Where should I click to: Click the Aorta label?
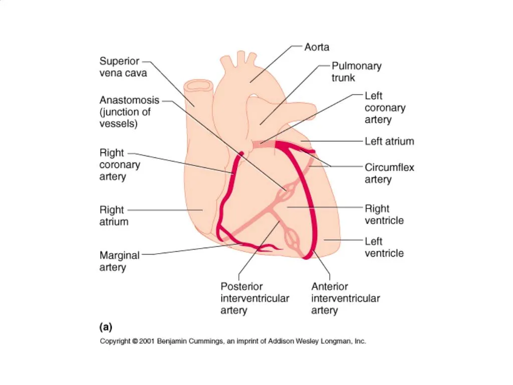(317, 47)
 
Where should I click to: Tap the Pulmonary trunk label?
(356, 72)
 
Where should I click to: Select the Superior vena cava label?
(123, 67)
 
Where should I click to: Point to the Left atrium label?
(389, 141)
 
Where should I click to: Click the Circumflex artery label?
(389, 173)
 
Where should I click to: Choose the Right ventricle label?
(384, 215)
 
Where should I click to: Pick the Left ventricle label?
(384, 247)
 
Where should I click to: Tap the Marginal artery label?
(119, 261)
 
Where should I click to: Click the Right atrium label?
(114, 216)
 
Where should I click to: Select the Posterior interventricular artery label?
(254, 298)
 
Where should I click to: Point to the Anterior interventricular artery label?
(346, 298)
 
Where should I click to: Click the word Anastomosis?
(129, 100)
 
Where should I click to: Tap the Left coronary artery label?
(385, 108)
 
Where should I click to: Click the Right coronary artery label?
(119, 164)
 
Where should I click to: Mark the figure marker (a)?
(106, 327)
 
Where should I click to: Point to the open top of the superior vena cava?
(198, 86)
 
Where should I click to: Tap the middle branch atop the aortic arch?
(241, 58)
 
